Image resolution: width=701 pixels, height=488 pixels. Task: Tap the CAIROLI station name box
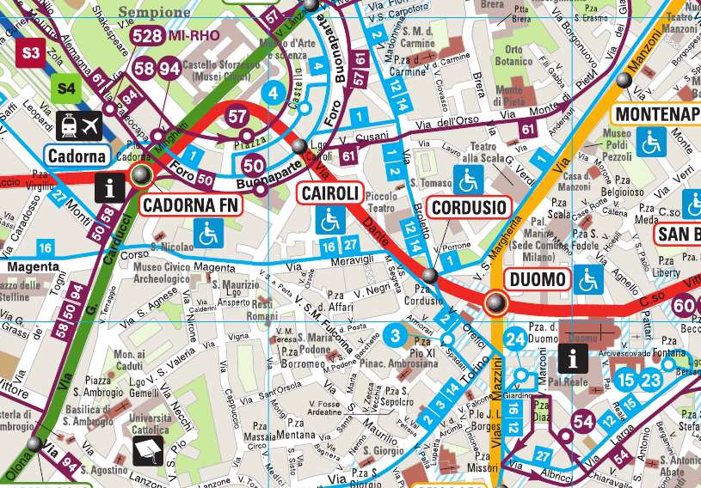tap(329, 193)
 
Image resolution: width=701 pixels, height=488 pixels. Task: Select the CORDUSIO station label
tap(468, 207)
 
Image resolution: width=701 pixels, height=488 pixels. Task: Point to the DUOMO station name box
tap(538, 279)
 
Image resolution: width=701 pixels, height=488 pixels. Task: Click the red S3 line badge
tap(31, 53)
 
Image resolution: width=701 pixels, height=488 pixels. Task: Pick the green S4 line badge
tap(66, 87)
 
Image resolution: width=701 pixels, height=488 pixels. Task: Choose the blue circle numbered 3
tap(395, 336)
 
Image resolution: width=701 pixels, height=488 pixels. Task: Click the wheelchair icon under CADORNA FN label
tap(207, 232)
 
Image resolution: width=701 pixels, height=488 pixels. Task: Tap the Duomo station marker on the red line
tap(495, 302)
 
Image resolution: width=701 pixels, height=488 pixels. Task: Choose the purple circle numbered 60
tap(685, 305)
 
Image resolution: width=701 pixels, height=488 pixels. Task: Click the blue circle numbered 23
tap(650, 379)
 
